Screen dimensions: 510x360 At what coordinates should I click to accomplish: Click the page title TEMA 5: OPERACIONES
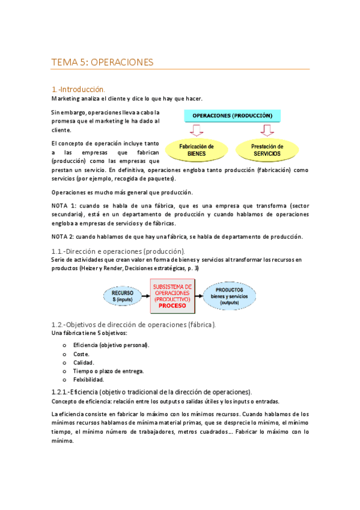(102, 62)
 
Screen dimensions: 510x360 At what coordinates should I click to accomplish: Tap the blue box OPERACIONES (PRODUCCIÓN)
(231, 115)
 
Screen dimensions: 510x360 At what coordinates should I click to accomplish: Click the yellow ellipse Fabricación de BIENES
(197, 150)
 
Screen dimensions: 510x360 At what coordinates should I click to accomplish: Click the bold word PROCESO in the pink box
(172, 305)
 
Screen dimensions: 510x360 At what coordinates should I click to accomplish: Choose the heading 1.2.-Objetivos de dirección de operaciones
(133, 325)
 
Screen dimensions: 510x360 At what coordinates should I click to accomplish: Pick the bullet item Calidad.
(84, 363)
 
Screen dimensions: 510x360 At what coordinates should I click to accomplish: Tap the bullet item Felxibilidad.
(88, 379)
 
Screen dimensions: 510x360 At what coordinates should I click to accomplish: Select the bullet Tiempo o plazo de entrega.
(108, 371)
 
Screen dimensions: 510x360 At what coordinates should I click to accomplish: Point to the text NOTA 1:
(64, 205)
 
